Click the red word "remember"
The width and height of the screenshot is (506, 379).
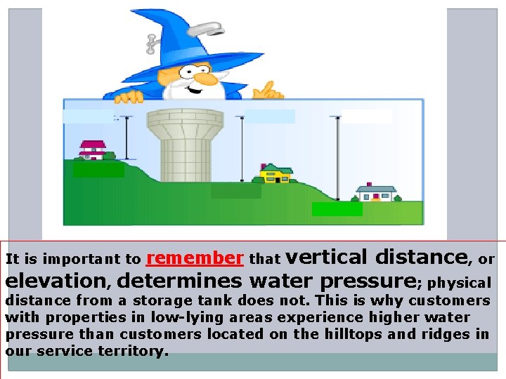point(195,258)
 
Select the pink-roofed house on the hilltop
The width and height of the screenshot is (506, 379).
point(92,149)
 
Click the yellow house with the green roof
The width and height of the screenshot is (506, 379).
point(275,173)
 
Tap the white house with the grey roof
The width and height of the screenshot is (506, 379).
point(375,192)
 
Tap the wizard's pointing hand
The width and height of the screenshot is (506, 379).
point(267,91)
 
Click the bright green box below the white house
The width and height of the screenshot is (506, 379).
point(337,208)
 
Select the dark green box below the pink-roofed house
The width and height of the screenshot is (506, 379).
point(98,169)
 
